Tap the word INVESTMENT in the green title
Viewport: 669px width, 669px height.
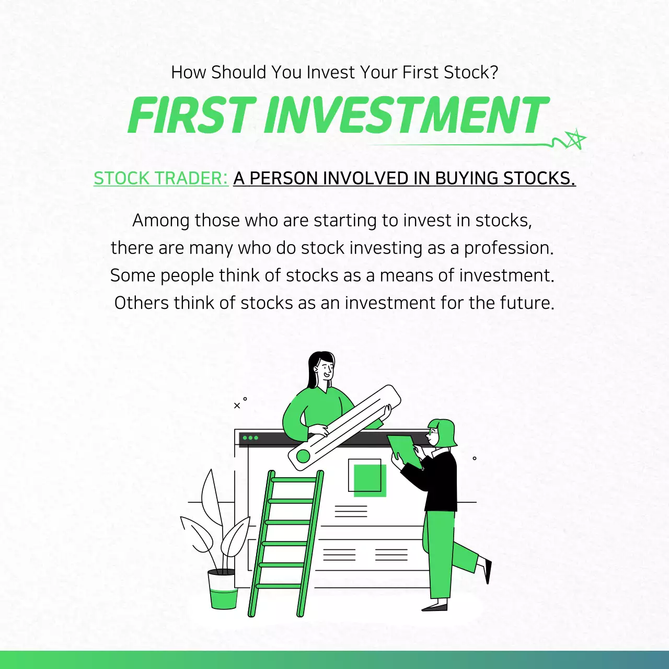(x=406, y=116)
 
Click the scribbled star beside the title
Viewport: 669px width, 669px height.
(x=574, y=139)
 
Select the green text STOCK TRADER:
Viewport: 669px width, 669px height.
(x=161, y=178)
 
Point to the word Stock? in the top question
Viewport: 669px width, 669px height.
(x=471, y=72)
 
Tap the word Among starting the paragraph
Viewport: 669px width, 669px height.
(x=161, y=221)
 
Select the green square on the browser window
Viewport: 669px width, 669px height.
(x=370, y=479)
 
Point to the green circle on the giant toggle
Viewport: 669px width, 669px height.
(x=303, y=456)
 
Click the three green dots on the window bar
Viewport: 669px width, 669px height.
(x=250, y=437)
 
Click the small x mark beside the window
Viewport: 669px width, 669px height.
(x=237, y=406)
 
